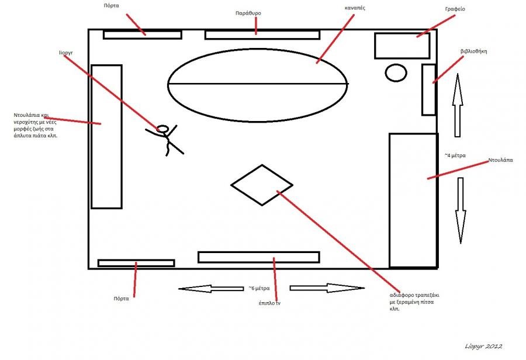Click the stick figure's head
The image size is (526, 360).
tap(163, 129)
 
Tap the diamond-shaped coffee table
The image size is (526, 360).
tap(262, 185)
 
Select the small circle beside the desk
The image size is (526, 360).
tap(396, 72)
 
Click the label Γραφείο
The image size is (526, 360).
tap(455, 9)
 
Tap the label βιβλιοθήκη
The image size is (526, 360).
tap(473, 51)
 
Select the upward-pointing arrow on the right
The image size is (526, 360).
tap(458, 105)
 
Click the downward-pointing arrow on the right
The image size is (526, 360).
tap(461, 210)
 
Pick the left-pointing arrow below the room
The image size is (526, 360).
tap(210, 288)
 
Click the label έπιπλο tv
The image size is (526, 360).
tap(270, 303)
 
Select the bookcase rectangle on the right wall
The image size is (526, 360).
tap(429, 89)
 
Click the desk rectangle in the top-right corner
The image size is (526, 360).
tap(402, 46)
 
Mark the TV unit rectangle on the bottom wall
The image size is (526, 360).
tap(258, 257)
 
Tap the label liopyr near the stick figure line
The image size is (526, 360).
tap(65, 52)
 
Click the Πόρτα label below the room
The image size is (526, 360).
tap(121, 298)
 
